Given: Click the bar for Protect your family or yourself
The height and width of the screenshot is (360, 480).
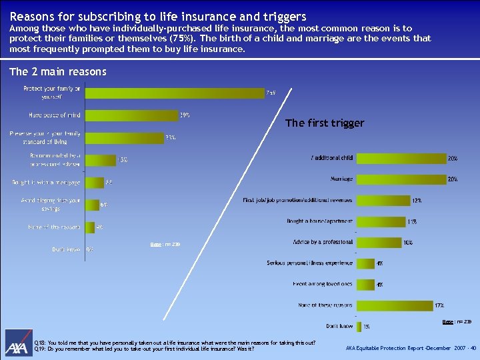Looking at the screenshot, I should click(x=173, y=93).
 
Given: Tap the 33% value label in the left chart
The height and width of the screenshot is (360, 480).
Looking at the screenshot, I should click(x=171, y=138).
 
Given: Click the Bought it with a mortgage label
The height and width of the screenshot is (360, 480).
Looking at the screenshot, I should click(x=46, y=182).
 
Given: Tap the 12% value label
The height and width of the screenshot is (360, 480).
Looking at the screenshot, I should click(x=417, y=200).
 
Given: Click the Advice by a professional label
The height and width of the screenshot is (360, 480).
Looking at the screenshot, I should click(x=323, y=242).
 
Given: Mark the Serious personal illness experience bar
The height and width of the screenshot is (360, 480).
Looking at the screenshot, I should click(x=365, y=263).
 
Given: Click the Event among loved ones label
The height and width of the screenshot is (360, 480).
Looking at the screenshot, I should click(x=323, y=284).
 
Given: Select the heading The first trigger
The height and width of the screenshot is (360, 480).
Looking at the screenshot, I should click(x=325, y=123).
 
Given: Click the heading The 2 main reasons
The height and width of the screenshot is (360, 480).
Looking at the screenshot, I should click(x=58, y=71).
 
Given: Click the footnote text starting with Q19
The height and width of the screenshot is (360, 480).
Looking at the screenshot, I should click(x=144, y=349).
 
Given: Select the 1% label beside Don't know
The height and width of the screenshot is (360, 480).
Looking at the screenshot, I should click(x=366, y=327).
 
